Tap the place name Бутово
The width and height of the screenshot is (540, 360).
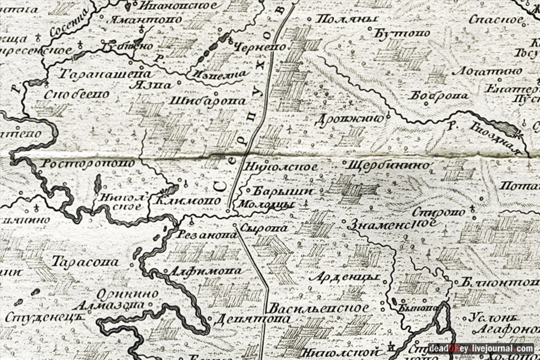[x=403, y=32]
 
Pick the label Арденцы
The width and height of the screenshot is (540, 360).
[x=345, y=277]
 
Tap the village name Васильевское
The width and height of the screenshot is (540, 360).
[x=319, y=307]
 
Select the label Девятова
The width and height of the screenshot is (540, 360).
[x=239, y=318]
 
